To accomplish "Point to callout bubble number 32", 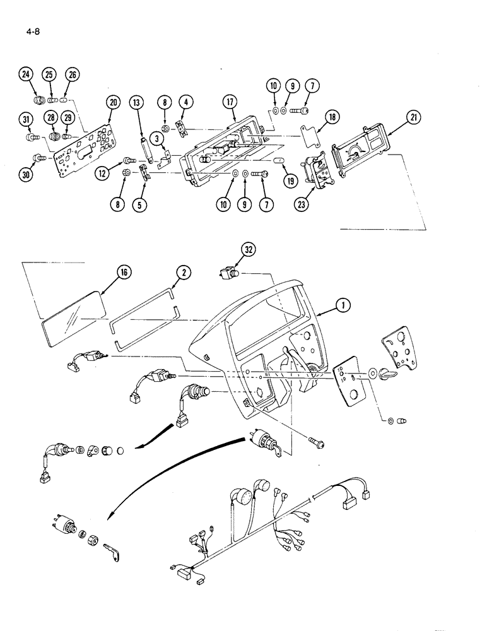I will [250, 250].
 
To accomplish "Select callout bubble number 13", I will [138, 103].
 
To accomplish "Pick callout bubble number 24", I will [25, 74].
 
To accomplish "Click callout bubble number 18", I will [332, 117].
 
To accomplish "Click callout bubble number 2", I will [183, 273].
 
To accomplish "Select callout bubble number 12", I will [103, 170].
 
